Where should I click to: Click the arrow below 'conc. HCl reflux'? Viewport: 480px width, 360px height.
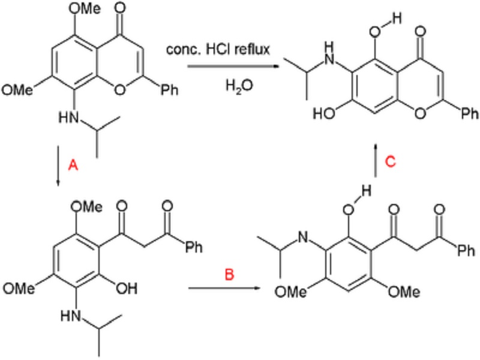point(225,69)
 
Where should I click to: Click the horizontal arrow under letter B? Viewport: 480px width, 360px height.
point(225,290)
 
